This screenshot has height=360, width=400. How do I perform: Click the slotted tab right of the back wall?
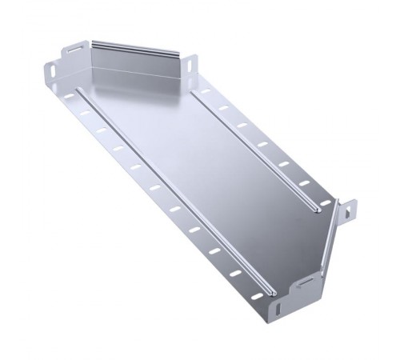(x=192, y=66)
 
